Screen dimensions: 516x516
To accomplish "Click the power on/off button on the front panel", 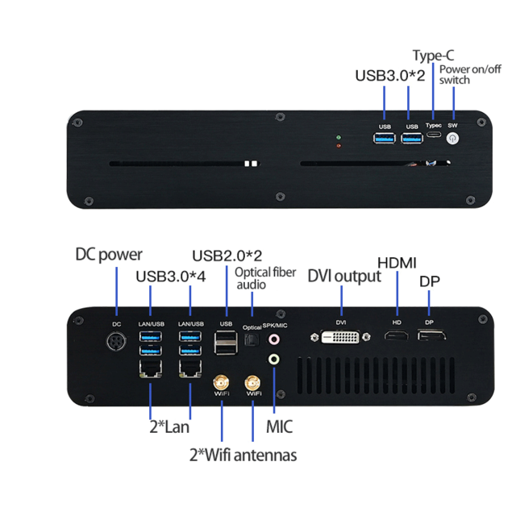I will [452, 139].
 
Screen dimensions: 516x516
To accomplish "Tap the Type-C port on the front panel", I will [434, 139].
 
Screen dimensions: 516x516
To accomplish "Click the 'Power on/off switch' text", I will [465, 74].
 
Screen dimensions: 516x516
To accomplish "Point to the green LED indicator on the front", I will [339, 138].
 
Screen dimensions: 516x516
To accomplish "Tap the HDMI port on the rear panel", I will [397, 335].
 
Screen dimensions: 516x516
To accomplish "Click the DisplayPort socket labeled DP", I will [429, 335].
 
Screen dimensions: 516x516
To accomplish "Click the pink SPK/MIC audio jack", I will [275, 341].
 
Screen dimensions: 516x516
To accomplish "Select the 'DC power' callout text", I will [109, 254].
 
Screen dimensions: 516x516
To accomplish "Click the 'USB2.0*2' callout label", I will [227, 256].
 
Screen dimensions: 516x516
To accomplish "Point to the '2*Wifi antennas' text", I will [243, 455].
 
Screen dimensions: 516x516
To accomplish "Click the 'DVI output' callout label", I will [344, 276].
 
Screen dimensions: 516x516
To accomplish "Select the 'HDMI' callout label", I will [397, 263].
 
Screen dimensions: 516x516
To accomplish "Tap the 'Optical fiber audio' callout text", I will [264, 278].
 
